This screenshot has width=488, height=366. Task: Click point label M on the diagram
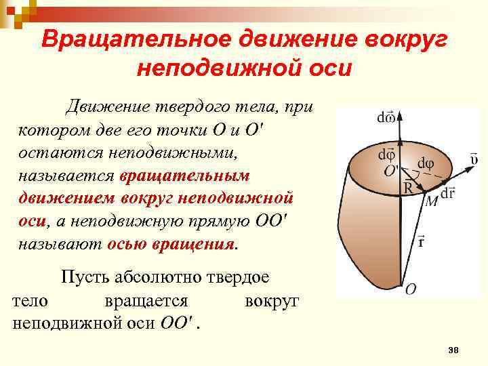(430, 201)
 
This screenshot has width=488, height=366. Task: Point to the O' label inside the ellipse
(391, 171)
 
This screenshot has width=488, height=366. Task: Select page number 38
(454, 349)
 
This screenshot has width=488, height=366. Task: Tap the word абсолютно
(159, 277)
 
